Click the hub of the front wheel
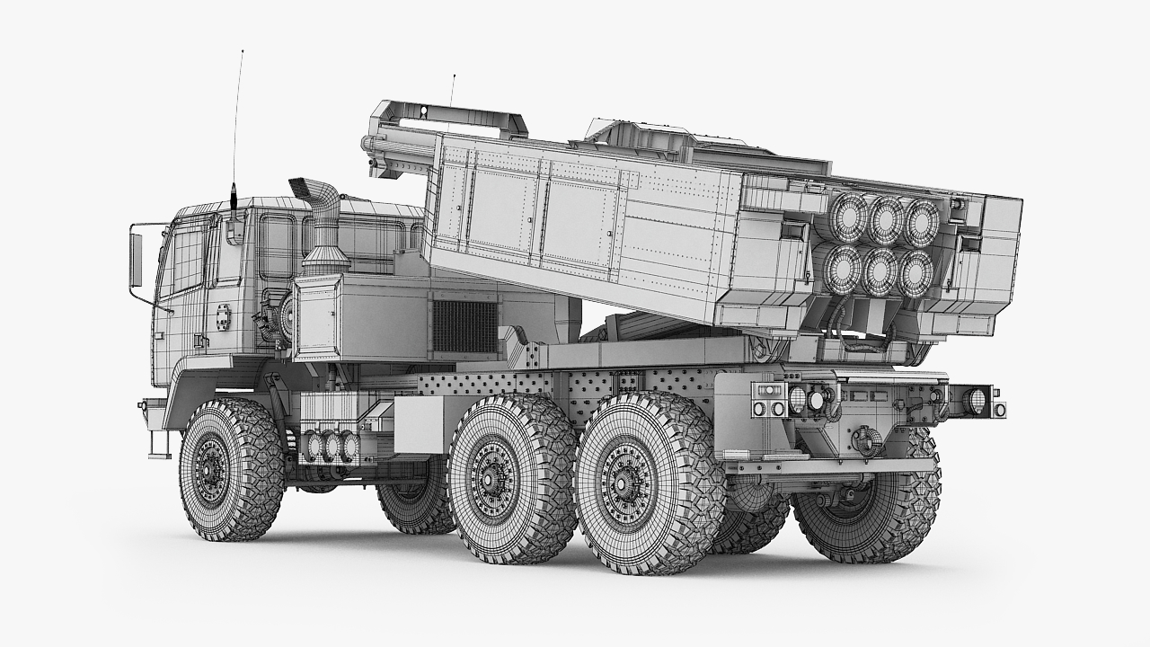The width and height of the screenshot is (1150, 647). tap(213, 468)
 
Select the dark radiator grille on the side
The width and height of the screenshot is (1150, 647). tap(464, 326)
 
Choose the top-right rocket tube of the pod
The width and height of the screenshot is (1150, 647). tap(921, 221)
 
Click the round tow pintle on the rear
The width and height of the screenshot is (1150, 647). tap(865, 439)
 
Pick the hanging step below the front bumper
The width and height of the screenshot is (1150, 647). tap(159, 444)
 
